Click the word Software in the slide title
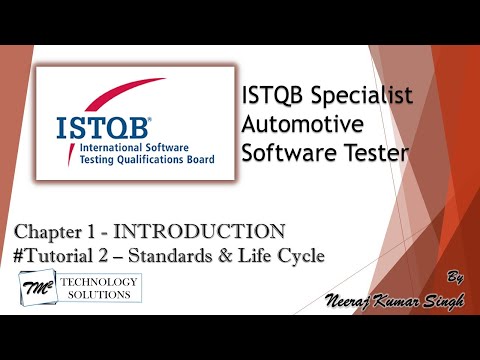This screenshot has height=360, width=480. [x=288, y=154]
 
